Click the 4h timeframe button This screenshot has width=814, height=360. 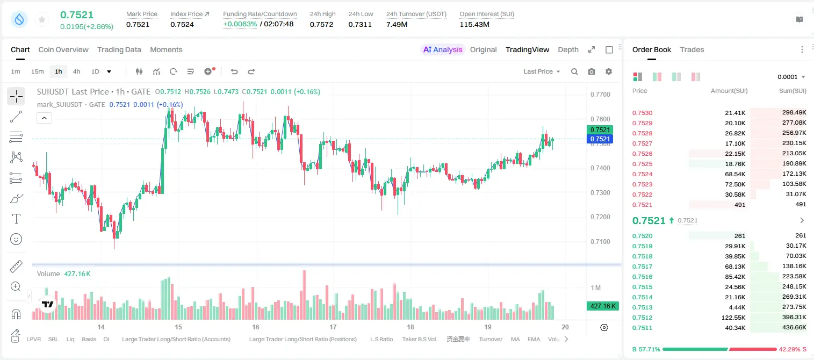pyautogui.click(x=76, y=71)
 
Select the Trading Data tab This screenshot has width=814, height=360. pyautogui.click(x=119, y=49)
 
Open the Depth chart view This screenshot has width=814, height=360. pyautogui.click(x=568, y=49)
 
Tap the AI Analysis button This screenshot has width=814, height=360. pyautogui.click(x=443, y=49)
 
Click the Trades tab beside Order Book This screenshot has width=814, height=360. pyautogui.click(x=692, y=49)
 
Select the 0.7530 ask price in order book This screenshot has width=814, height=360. pyautogui.click(x=642, y=113)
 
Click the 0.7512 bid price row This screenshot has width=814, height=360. pyautogui.click(x=642, y=318)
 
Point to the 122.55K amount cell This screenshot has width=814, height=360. pyautogui.click(x=733, y=318)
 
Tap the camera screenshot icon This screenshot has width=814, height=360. pyautogui.click(x=592, y=71)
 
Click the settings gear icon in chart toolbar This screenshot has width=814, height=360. pyautogui.click(x=609, y=71)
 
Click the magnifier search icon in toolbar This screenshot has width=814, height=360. pyautogui.click(x=574, y=71)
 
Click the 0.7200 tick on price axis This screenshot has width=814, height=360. pyautogui.click(x=600, y=217)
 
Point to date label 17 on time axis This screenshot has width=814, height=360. pyautogui.click(x=333, y=327)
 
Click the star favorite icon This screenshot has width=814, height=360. pyautogui.click(x=42, y=19)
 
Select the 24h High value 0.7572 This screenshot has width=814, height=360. pyautogui.click(x=321, y=24)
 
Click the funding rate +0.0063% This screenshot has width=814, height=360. pyautogui.click(x=240, y=24)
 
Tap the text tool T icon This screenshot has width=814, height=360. pyautogui.click(x=16, y=219)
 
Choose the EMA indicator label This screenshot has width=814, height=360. pyautogui.click(x=534, y=339)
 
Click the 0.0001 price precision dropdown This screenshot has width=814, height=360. pyautogui.click(x=791, y=77)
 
